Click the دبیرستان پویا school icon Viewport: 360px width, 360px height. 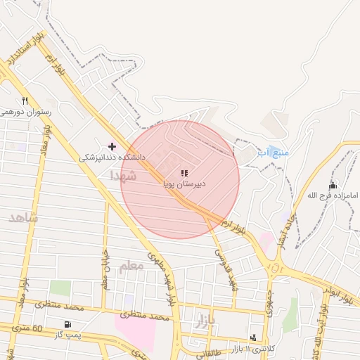click(x=184, y=173)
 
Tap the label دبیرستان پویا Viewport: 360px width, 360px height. click(x=184, y=184)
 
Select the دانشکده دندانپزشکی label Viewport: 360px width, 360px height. click(x=111, y=157)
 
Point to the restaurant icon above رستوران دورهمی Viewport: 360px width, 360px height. click(x=25, y=101)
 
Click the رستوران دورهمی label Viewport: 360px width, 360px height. click(x=25, y=112)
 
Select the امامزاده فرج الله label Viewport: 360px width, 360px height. click(x=333, y=195)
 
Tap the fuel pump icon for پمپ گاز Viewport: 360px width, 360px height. click(x=67, y=324)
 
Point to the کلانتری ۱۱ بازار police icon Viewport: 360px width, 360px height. click(x=253, y=338)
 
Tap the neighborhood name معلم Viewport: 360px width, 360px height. click(x=131, y=266)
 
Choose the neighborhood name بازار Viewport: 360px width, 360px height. click(x=202, y=323)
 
